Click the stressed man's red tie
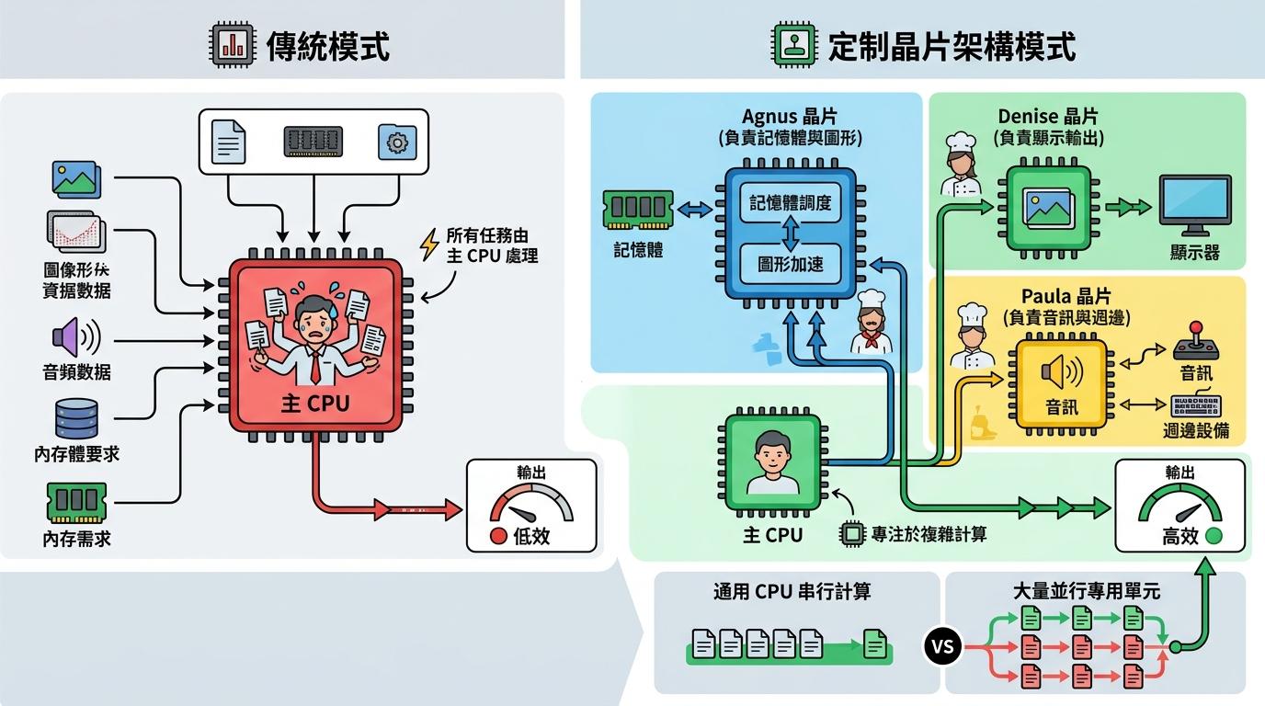click(315, 367)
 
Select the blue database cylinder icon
click(76, 418)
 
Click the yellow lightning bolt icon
click(428, 245)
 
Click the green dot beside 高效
click(1213, 536)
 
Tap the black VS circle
click(942, 646)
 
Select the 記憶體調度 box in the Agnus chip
click(790, 204)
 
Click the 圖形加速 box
click(790, 265)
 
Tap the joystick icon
click(1196, 341)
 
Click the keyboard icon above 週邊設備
click(1196, 405)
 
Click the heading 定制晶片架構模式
click(952, 45)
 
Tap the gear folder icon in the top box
click(397, 142)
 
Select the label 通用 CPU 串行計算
click(792, 592)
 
